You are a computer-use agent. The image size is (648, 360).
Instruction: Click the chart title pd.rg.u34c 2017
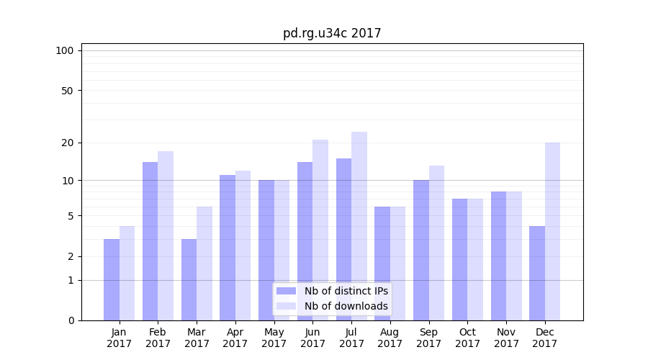pos(332,33)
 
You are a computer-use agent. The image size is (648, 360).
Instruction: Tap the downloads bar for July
pos(359,226)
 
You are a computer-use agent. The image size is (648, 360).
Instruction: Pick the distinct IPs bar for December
pos(537,273)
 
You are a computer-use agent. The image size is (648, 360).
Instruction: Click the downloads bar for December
pos(552,231)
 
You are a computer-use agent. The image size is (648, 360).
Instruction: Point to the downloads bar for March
pos(204,264)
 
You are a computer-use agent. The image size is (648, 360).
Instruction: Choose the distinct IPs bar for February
pos(150,241)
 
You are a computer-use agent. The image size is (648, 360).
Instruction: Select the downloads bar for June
pos(320,230)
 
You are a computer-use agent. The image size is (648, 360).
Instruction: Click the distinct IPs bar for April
pos(228,248)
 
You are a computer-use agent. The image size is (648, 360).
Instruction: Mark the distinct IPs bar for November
pos(498,256)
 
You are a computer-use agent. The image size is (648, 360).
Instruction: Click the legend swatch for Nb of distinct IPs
pos(287,291)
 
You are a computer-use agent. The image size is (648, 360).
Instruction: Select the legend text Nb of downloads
pos(346,306)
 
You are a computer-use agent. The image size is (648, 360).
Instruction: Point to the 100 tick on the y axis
pos(65,50)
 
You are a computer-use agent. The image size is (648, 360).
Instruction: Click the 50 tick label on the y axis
pos(67,91)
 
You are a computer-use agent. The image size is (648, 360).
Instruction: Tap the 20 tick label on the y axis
pos(67,143)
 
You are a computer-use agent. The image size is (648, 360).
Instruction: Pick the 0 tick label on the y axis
pos(71,320)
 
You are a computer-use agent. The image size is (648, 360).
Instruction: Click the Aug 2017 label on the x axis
pos(390,338)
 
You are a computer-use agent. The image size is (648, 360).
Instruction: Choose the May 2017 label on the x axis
pos(274,338)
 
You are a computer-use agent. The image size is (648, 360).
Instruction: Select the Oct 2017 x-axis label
pos(468,338)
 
